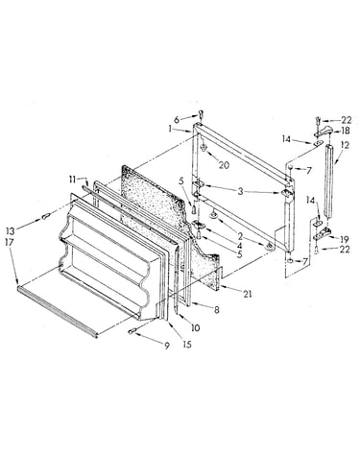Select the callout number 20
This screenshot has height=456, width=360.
click(224, 164)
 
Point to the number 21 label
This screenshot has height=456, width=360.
click(248, 294)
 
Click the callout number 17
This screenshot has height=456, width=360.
click(10, 242)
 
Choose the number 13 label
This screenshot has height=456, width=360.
click(10, 230)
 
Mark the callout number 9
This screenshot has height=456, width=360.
click(167, 346)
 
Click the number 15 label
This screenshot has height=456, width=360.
click(187, 344)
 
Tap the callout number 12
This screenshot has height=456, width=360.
click(345, 145)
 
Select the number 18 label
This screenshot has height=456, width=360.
click(346, 131)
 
